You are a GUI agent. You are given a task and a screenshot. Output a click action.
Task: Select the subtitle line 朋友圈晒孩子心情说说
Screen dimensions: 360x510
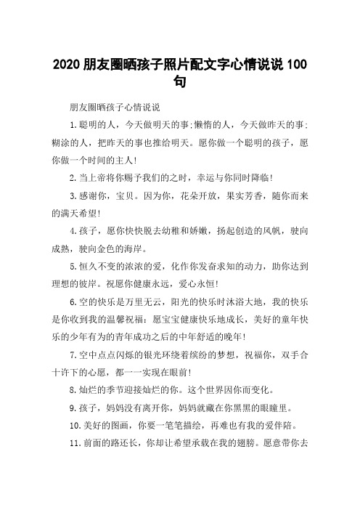coord(108,107)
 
